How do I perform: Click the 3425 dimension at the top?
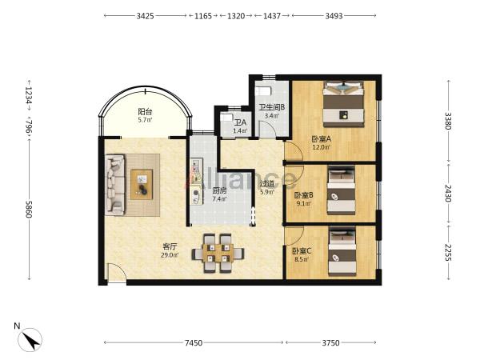click(x=145, y=16)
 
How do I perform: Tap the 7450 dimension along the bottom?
click(x=194, y=342)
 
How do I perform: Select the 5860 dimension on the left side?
click(x=29, y=210)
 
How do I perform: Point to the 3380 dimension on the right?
click(x=448, y=121)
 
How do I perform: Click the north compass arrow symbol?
click(x=30, y=340)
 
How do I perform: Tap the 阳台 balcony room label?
click(x=145, y=112)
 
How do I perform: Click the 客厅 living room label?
click(x=170, y=246)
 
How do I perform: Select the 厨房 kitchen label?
click(x=219, y=191)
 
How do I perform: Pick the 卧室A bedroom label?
click(x=321, y=139)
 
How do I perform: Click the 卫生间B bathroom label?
click(x=272, y=107)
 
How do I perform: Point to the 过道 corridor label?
click(x=267, y=184)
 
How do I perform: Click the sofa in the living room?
click(x=114, y=184)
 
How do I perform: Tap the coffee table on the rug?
click(x=142, y=184)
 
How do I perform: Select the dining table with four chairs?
click(x=218, y=254)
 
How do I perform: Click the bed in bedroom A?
click(x=344, y=104)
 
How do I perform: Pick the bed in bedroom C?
click(x=342, y=251)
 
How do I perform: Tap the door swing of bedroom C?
click(x=294, y=236)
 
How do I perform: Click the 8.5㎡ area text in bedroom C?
click(x=302, y=259)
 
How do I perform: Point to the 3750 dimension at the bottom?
click(x=330, y=342)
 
